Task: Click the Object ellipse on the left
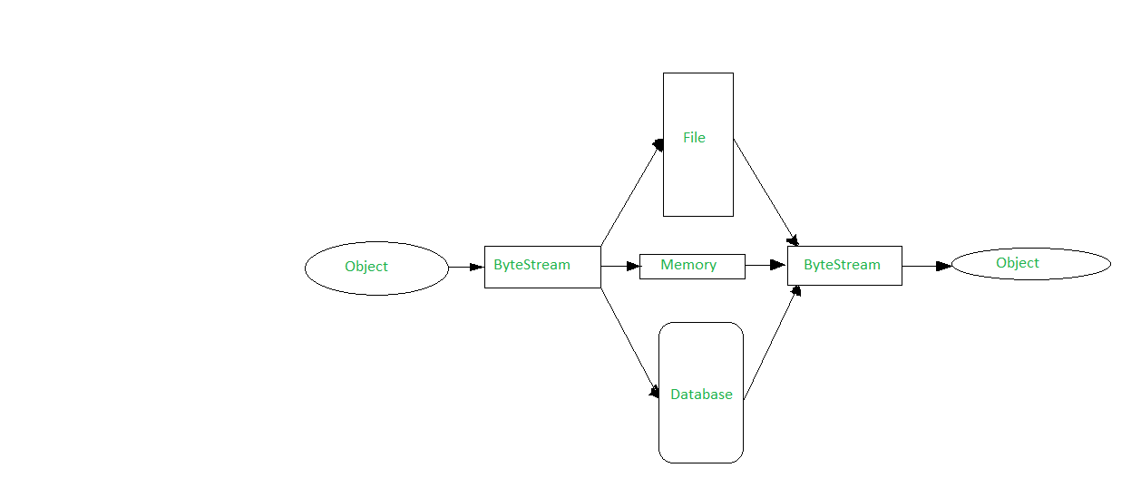[x=376, y=268]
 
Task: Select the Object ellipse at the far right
[x=1030, y=264]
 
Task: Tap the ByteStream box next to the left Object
[x=542, y=267]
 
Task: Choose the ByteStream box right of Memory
[x=844, y=266]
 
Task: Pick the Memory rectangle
[x=692, y=266]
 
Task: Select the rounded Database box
[x=700, y=393]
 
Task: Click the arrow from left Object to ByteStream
[x=466, y=267]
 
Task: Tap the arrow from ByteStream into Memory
[x=620, y=267]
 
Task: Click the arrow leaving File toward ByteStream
[x=765, y=191]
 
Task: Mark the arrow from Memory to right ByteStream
[x=766, y=265]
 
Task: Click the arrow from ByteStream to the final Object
[x=926, y=266]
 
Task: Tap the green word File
[x=694, y=138]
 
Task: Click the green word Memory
[x=688, y=265]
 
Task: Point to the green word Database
[x=701, y=395]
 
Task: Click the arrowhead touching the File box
[x=658, y=145]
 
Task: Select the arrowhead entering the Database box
[x=654, y=393]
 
